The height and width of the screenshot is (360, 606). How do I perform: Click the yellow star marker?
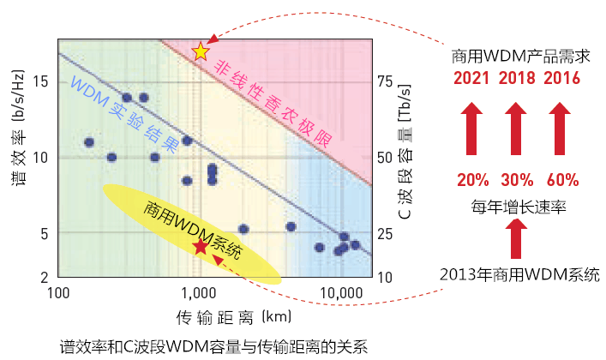click(201, 51)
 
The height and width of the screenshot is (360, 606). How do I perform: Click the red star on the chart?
click(200, 247)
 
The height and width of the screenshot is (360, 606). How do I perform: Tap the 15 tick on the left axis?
click(39, 82)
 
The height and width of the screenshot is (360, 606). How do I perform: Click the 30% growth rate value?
click(517, 181)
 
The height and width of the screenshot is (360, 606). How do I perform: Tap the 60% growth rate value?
click(561, 181)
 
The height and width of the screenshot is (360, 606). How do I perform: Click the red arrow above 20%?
click(471, 128)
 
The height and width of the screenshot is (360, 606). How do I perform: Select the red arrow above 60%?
click(561, 128)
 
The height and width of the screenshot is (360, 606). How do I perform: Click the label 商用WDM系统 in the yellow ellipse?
click(192, 226)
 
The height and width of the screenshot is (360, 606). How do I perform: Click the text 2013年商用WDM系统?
click(518, 274)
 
